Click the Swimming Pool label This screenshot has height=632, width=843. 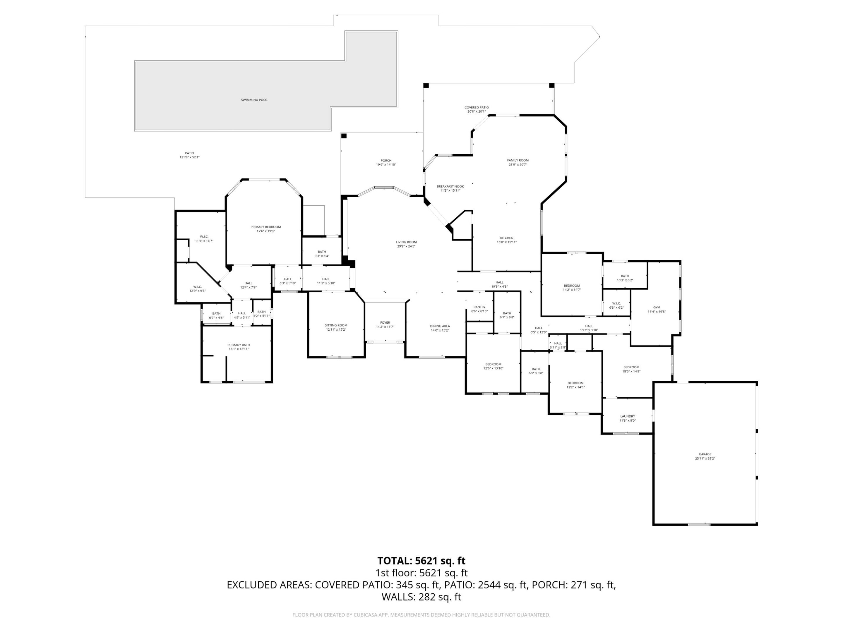click(254, 100)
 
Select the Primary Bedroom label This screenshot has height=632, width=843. click(265, 227)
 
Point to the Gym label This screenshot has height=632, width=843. click(657, 308)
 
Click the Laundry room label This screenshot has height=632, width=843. click(627, 416)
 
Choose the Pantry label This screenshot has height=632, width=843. click(479, 307)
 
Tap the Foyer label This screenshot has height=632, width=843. click(385, 323)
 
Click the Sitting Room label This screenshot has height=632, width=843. click(336, 325)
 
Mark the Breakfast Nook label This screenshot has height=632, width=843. click(450, 187)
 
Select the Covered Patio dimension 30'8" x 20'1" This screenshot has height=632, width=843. click(476, 111)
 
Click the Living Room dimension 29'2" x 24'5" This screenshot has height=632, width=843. click(406, 246)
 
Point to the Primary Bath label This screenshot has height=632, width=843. click(239, 345)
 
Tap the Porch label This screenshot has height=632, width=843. click(386, 161)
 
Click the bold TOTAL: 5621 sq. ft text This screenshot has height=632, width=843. click(421, 561)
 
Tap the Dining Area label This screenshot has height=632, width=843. click(440, 326)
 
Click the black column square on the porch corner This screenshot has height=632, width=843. click(344, 136)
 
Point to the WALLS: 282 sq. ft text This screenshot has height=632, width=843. click(421, 597)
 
